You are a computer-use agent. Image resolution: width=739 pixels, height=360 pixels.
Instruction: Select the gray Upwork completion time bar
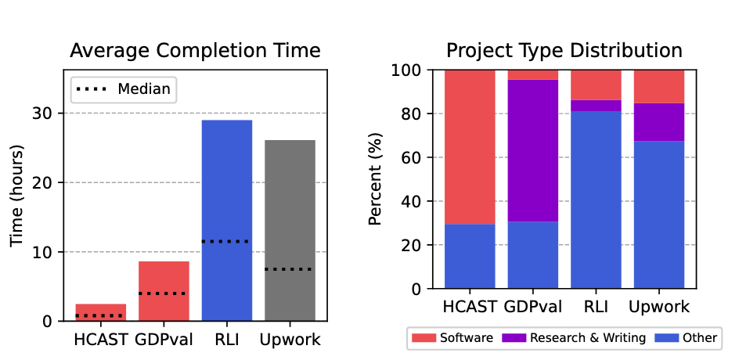[x=290, y=203]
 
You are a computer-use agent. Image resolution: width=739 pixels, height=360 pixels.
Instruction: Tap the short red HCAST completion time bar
[x=100, y=310]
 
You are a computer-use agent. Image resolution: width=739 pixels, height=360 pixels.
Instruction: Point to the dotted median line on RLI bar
[x=227, y=241]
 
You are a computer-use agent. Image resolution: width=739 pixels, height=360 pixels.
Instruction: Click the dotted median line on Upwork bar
[x=290, y=269]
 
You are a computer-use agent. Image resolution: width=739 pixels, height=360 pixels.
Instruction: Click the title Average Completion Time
[x=195, y=51]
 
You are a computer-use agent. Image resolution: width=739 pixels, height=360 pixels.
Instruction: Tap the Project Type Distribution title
[x=564, y=51]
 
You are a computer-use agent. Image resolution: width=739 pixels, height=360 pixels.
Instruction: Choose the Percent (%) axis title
[x=375, y=179]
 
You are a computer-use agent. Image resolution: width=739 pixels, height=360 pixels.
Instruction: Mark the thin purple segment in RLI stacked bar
[x=596, y=106]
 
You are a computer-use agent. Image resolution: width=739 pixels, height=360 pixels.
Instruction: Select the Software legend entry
[x=455, y=338]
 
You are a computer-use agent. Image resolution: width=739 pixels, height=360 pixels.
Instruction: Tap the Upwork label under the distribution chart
[x=659, y=306]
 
